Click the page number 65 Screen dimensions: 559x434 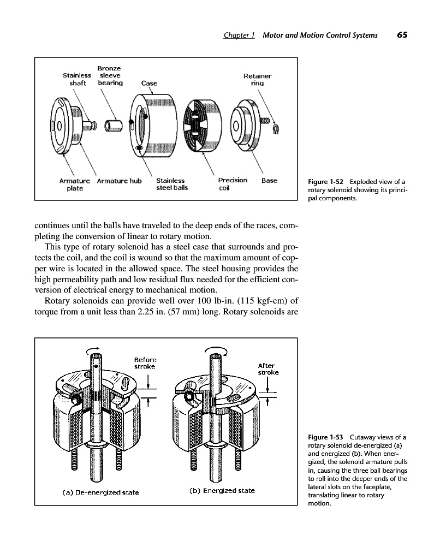pyautogui.click(x=402, y=35)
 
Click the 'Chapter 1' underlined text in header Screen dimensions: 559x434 pyautogui.click(x=240, y=35)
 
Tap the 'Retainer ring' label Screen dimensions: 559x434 pyautogui.click(x=257, y=80)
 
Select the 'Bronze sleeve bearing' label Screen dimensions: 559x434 pyautogui.click(x=110, y=75)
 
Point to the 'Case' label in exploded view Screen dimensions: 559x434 pyautogui.click(x=148, y=84)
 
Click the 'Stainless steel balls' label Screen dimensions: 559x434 pyautogui.click(x=171, y=184)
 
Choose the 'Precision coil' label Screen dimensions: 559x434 pyautogui.click(x=232, y=184)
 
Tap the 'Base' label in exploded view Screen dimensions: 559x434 pyautogui.click(x=269, y=180)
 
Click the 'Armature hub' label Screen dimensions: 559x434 pyautogui.click(x=119, y=181)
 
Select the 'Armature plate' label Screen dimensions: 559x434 pyautogui.click(x=74, y=184)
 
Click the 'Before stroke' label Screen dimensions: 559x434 pyautogui.click(x=145, y=363)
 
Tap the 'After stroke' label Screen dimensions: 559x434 pyautogui.click(x=268, y=369)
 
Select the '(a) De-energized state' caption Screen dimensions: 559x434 pyautogui.click(x=99, y=492)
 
